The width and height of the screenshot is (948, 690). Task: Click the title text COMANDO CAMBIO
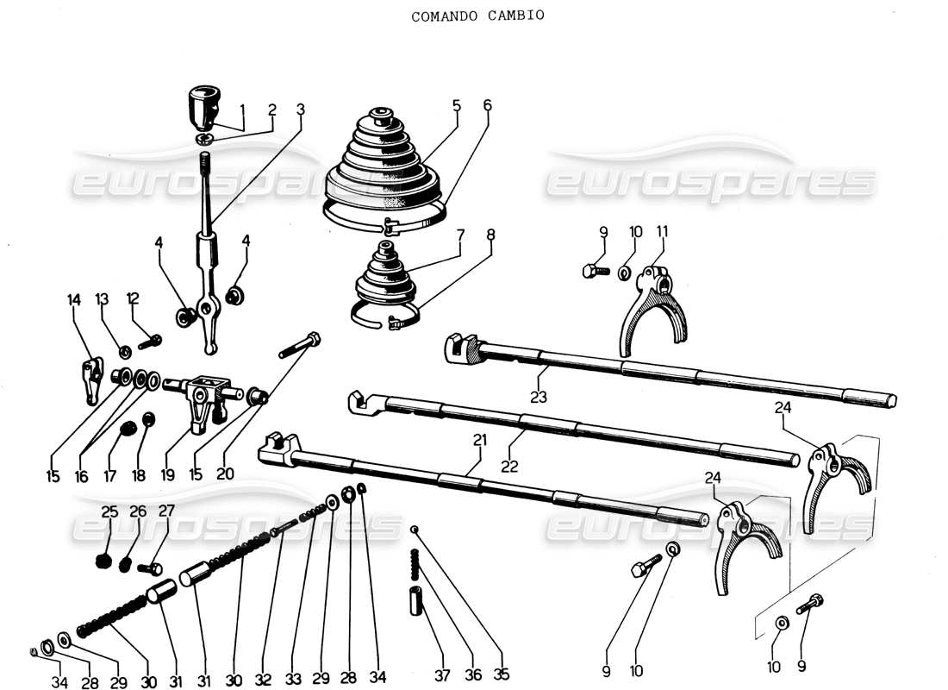coord(477,16)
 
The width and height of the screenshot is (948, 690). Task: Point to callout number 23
coord(539,398)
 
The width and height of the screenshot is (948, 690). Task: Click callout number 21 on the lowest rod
coord(479,440)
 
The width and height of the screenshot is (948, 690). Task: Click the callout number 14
coord(73,300)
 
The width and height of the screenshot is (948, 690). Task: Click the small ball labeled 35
coord(415,529)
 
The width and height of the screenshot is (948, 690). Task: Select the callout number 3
coord(300,110)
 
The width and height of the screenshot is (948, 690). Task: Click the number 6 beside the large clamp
coord(487,105)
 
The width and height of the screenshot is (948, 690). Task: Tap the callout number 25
coord(109,511)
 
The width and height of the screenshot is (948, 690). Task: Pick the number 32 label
coord(262,681)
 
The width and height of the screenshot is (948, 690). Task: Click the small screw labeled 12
coord(149,342)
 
